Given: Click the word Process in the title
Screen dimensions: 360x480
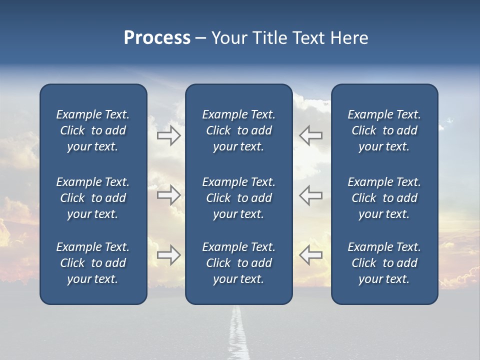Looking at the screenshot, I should [x=157, y=38].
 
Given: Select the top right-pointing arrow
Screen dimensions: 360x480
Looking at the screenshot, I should [x=169, y=135].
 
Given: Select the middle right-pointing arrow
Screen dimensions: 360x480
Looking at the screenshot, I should [x=169, y=195].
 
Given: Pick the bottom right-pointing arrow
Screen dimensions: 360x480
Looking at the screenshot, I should [x=169, y=255].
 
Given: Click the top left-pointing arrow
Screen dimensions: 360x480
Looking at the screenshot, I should [x=311, y=135].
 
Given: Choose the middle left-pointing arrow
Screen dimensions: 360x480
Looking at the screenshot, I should [x=311, y=195].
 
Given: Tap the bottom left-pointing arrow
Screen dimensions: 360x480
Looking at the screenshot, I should [x=311, y=255].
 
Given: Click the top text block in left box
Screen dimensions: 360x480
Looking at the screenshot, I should [x=93, y=130].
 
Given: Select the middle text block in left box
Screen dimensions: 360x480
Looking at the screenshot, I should [x=93, y=198].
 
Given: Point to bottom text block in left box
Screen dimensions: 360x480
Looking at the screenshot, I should [x=93, y=263].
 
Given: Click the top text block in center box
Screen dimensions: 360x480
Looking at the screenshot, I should [x=239, y=130].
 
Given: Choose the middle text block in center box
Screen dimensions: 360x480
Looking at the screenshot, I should [x=239, y=198].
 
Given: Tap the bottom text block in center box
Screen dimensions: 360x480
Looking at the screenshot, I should [x=239, y=263].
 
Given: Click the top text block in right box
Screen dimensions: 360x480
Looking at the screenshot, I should [x=384, y=130].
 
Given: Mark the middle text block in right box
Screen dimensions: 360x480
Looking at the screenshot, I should [x=384, y=198].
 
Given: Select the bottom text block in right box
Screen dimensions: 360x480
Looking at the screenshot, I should [x=384, y=263].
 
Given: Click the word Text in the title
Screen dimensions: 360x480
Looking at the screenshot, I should [x=308, y=38].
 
